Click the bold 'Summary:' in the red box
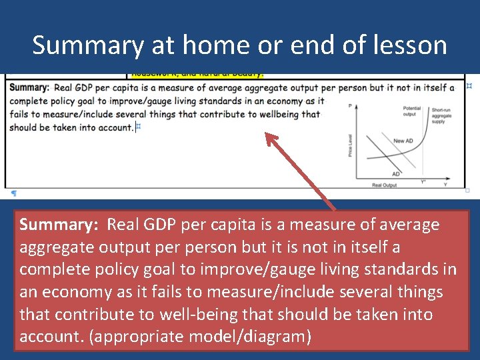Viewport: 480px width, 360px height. pos(59,225)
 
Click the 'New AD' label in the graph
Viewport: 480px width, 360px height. pos(403,141)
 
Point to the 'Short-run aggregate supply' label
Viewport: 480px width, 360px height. pos(441,116)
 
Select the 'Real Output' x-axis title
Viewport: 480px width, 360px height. pos(384,185)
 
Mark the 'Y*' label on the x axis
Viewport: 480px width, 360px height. pos(423,181)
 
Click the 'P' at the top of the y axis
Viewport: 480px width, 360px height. pos(349,106)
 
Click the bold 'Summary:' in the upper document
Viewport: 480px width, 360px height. pos(30,87)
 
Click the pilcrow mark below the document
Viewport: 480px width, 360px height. pos(13,193)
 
